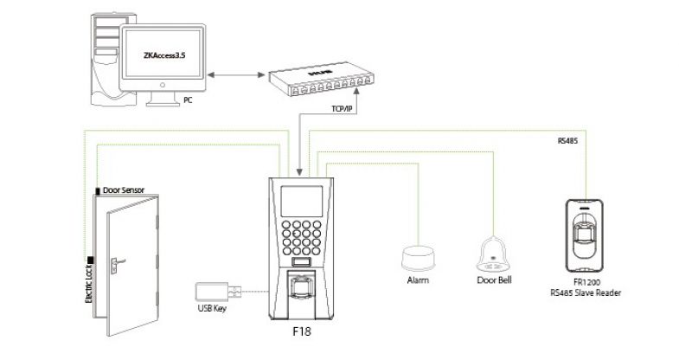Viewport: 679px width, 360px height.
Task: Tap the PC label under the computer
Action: coord(188,101)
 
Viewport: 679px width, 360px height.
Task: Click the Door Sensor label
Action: coord(124,190)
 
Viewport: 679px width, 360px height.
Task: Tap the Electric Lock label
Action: coord(89,280)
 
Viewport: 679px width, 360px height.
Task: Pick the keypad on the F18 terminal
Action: coord(303,236)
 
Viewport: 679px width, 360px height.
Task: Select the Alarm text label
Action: coord(419,281)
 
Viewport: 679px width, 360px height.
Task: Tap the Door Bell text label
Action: coord(495,281)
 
